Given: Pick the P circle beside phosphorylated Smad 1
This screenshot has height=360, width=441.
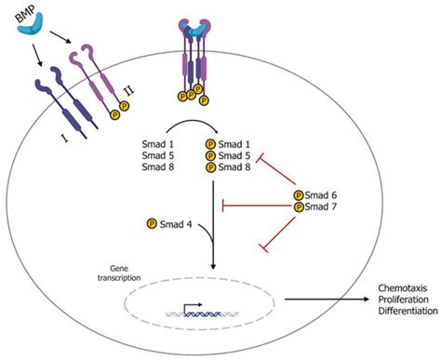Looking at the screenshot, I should pos(209,145).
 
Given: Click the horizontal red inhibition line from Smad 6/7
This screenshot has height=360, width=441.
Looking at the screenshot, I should pos(256,202).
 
